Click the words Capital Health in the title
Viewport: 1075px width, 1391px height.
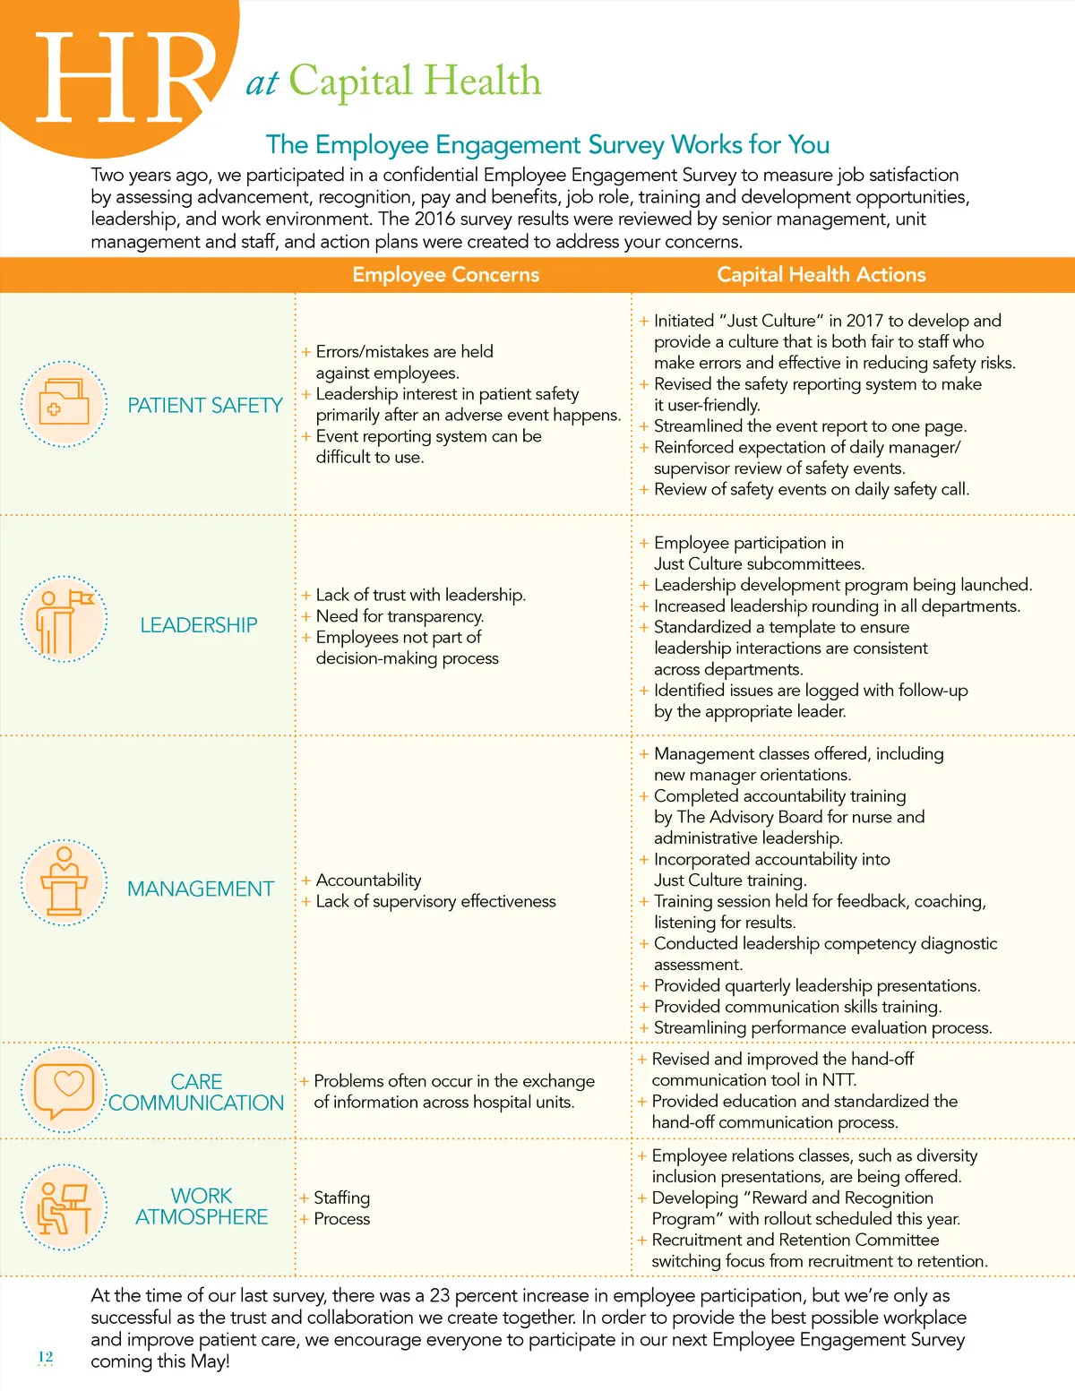(415, 82)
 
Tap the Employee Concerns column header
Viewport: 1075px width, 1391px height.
(445, 275)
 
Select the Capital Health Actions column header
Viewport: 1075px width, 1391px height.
(821, 275)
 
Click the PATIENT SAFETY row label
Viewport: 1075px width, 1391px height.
(204, 406)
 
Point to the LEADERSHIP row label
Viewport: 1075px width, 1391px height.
(198, 625)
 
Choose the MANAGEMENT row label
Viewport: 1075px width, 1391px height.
(201, 889)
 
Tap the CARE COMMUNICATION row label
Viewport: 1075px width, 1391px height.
(196, 1093)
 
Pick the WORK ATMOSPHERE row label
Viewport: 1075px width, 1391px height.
(202, 1206)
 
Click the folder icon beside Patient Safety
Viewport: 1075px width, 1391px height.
(64, 404)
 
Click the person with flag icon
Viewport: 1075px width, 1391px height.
(64, 620)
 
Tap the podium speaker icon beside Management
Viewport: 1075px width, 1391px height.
(64, 883)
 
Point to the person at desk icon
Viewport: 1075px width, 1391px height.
(64, 1206)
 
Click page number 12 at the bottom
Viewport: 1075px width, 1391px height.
(46, 1357)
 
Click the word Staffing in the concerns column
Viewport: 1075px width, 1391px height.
(341, 1198)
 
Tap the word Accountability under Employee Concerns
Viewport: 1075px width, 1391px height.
(368, 880)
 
